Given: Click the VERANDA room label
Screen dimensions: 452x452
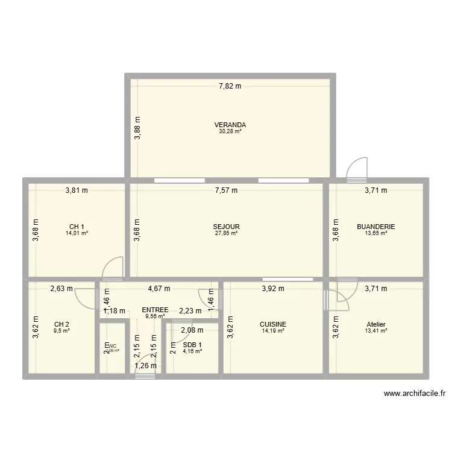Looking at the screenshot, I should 229,125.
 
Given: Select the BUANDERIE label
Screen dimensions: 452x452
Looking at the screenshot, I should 375,227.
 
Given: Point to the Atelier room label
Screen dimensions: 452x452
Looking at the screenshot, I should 375,324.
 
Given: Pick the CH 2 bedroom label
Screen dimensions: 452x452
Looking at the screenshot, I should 61,324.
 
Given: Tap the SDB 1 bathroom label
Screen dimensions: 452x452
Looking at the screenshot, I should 193,345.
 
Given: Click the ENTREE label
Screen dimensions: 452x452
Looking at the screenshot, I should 155,310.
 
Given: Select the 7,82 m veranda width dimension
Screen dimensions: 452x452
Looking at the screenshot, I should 230,86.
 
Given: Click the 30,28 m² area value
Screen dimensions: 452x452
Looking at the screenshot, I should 229,132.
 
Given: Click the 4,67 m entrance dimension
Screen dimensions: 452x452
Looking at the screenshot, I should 159,289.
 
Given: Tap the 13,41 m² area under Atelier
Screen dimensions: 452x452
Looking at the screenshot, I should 375,330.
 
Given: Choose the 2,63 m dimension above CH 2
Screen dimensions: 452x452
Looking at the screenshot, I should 61,289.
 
